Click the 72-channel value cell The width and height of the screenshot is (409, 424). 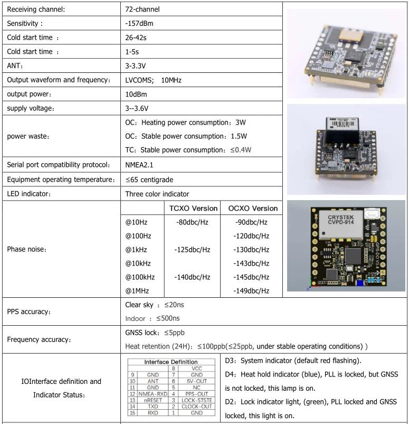click(x=142, y=9)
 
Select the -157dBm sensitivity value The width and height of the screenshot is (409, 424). click(x=139, y=23)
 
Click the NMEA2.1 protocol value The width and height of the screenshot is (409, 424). click(x=139, y=164)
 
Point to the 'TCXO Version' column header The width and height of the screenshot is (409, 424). click(x=193, y=208)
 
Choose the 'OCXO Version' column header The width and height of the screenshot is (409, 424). click(x=253, y=208)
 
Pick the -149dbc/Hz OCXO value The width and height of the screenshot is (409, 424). click(x=251, y=290)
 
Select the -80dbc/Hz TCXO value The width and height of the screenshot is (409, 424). click(x=192, y=222)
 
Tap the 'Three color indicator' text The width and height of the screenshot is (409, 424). click(x=157, y=194)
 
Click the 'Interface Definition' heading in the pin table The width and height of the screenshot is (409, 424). click(x=170, y=362)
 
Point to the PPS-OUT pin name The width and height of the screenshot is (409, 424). click(x=196, y=393)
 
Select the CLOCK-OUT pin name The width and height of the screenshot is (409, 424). click(x=196, y=407)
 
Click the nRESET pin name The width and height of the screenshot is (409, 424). click(x=153, y=400)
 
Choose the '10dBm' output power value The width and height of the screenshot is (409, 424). click(x=136, y=94)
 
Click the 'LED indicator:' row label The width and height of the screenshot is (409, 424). click(x=29, y=194)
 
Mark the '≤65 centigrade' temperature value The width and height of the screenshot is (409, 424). click(x=149, y=180)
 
